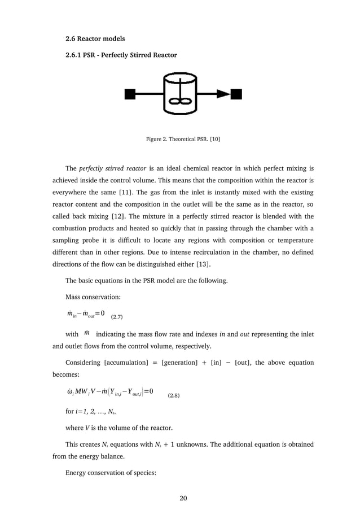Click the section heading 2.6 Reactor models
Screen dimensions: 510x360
tap(95, 38)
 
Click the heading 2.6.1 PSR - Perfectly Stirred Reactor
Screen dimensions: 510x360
tap(121, 55)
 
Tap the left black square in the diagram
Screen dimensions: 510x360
tap(130, 94)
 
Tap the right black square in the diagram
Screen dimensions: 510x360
tap(236, 94)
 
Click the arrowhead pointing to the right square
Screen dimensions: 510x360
tap(224, 94)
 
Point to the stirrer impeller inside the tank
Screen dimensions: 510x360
tap(181, 102)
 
